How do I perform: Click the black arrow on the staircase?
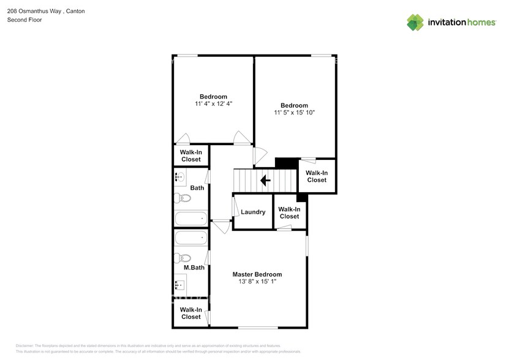coord(266,181)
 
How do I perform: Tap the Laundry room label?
coord(253,212)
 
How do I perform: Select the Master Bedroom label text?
coord(257,274)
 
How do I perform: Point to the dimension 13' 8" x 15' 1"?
coord(257,282)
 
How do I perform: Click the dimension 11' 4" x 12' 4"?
coord(213,104)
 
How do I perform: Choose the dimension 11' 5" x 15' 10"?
coord(295,113)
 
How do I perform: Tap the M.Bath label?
coord(194,268)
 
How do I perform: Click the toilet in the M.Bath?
coord(183,258)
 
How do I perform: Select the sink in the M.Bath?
coord(181,284)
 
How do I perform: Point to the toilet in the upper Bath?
coord(183,198)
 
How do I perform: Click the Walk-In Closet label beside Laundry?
coord(289,212)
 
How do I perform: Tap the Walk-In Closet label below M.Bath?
coord(190,313)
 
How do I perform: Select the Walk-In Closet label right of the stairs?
coord(317,176)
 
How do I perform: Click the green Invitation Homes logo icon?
coord(415,22)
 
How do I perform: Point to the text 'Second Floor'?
coord(24,20)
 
